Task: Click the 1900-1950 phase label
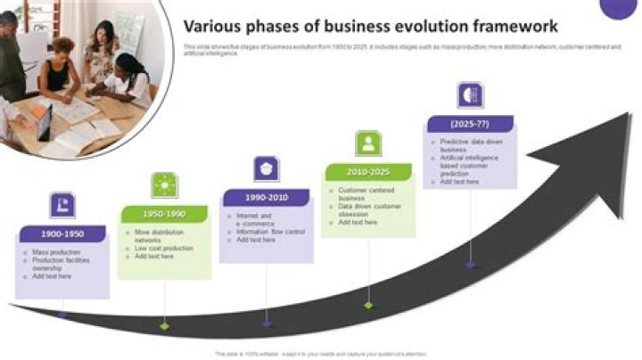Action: [62, 234]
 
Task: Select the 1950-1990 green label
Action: [163, 215]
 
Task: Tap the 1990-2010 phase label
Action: [266, 198]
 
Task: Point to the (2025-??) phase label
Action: [470, 124]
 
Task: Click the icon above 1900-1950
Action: [62, 204]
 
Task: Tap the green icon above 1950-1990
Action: [164, 185]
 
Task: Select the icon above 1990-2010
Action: [266, 168]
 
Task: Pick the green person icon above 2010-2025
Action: [368, 143]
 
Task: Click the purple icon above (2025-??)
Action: [470, 94]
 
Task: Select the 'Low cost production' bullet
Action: [164, 248]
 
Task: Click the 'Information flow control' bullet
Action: [270, 232]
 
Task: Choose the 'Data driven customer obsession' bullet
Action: [370, 209]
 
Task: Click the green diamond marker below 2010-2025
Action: [368, 305]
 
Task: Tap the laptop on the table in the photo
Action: [44, 122]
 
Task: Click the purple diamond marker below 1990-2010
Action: [267, 323]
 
